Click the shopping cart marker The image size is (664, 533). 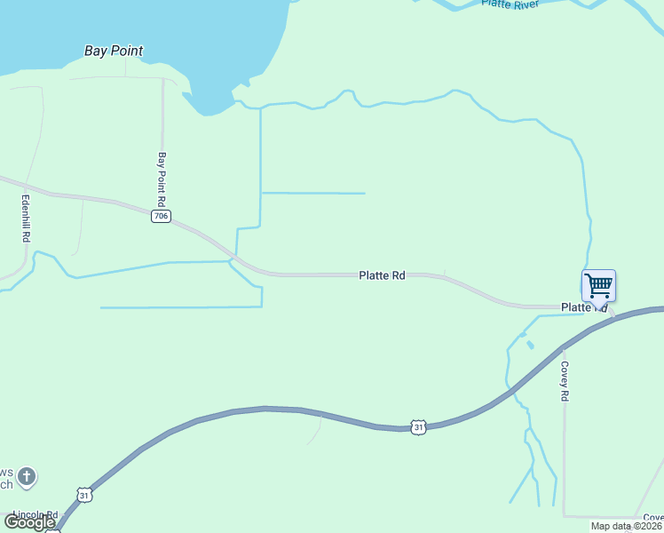pos(598,286)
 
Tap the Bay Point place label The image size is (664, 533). pos(114,52)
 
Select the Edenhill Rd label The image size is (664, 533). pos(26,219)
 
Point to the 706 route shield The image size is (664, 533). pos(161,217)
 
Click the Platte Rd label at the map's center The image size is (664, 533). pos(382,276)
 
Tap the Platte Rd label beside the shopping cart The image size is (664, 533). pos(582,307)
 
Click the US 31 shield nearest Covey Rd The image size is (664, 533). pos(419,427)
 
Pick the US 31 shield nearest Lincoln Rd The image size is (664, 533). pos(83,493)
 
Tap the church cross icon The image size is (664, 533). pos(27,477)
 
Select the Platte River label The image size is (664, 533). pos(510,4)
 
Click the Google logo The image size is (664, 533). pos(28,522)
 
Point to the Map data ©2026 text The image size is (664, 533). pos(626,526)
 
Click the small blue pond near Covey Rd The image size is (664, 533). pos(530,344)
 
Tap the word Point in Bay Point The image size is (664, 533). pos(127,52)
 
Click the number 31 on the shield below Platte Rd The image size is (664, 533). pos(419,427)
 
